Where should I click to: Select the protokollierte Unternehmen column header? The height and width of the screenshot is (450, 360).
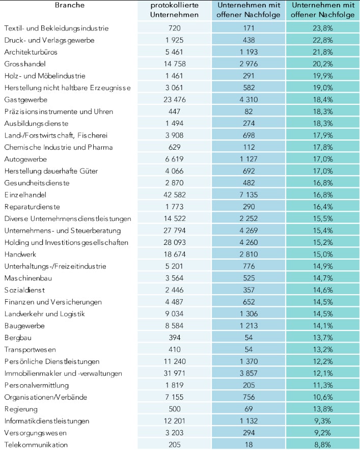175,10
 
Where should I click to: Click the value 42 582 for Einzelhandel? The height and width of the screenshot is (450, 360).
175,194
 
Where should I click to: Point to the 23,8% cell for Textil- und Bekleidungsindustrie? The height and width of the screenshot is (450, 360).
323,28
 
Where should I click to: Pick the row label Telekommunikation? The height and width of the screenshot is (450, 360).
36,444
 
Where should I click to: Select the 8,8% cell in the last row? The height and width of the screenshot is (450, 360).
323,444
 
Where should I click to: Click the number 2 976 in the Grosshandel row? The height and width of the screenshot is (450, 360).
248,64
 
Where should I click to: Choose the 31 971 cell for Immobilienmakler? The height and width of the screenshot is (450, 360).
175,373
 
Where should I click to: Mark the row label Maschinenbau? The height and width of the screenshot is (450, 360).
28,278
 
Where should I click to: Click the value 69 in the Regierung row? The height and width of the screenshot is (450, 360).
248,409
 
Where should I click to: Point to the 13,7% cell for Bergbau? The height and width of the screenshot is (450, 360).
323,337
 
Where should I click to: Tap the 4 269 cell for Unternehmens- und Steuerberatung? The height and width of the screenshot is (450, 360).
248,230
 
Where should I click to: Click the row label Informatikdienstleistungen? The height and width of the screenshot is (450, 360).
47,421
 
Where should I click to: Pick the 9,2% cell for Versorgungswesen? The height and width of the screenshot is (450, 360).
323,433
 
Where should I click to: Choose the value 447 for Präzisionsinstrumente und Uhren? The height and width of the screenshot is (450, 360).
175,111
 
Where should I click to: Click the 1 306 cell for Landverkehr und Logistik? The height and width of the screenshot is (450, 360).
248,314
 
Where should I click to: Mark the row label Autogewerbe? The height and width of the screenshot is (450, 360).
24,159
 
